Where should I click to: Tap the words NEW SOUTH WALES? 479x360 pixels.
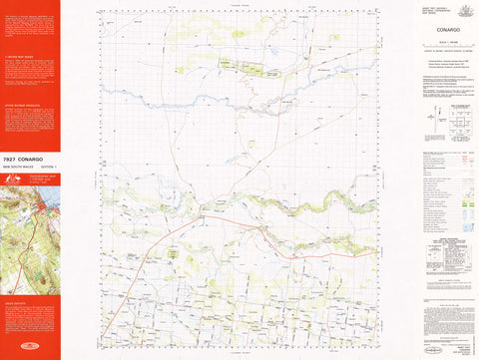(18, 168)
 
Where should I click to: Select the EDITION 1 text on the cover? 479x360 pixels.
(49, 168)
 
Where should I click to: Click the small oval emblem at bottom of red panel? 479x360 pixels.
(30, 349)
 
